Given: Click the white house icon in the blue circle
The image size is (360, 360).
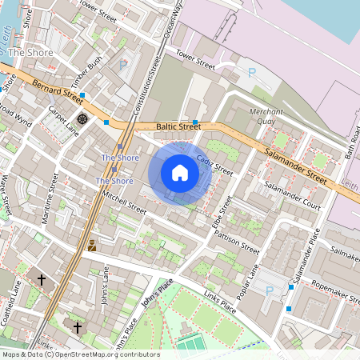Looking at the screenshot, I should tap(180, 173).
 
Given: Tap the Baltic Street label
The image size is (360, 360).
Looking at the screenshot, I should tap(178, 126).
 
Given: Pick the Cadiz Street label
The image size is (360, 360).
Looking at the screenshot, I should tap(214, 166).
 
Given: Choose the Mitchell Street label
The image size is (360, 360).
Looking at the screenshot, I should tap(125, 202).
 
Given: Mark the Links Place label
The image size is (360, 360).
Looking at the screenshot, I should tap(218, 300).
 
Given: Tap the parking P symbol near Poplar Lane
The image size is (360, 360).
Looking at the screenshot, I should tap(269, 290).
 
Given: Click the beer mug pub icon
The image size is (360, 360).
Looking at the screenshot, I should tap(92, 246).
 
